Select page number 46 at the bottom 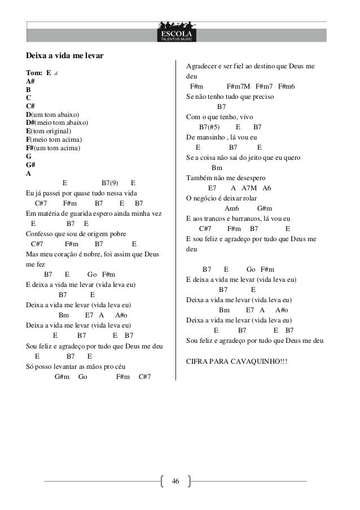tap(175, 481)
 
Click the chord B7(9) tap(109, 183)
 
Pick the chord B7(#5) tap(210, 127)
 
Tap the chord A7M tap(248, 188)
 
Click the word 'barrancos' tap(244, 219)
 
